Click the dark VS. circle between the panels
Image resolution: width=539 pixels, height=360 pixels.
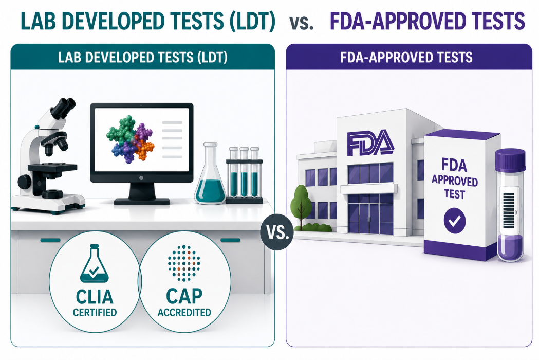click(x=277, y=232)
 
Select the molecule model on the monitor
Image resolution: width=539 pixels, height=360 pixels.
click(x=130, y=139)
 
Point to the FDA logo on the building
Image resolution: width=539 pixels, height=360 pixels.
click(x=370, y=142)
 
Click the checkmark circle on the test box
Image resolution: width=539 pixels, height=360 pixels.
click(x=454, y=221)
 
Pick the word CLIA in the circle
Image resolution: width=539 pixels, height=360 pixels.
click(x=95, y=297)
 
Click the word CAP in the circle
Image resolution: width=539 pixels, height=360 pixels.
click(x=184, y=296)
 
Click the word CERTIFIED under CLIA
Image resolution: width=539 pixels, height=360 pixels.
click(x=95, y=312)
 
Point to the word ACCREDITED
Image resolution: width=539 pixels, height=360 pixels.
click(x=184, y=312)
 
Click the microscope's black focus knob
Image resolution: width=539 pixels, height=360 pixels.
click(x=25, y=182)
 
